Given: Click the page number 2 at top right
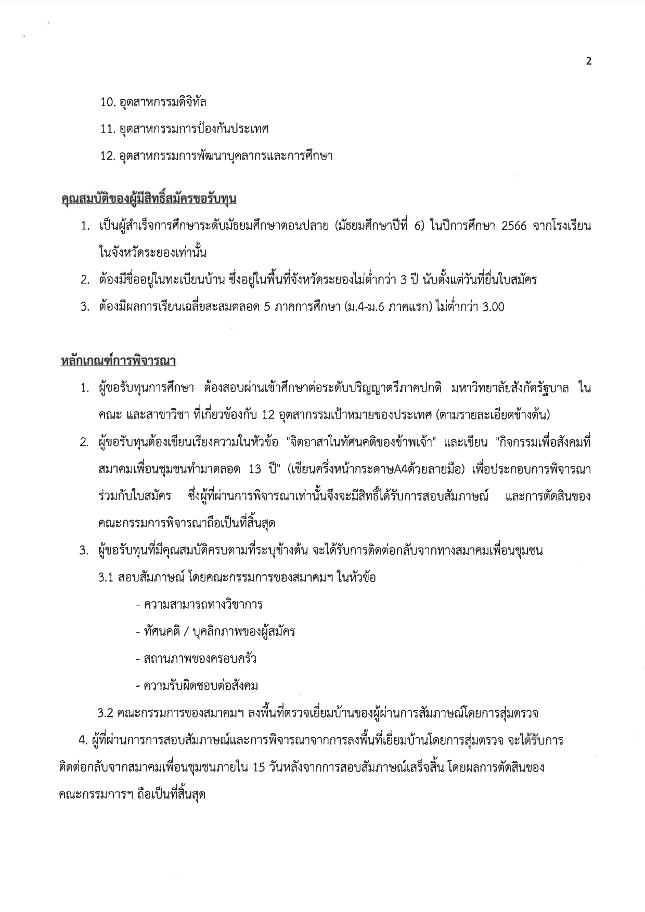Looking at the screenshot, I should point(589,61).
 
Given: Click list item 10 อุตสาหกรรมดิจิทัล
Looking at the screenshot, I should point(153,102).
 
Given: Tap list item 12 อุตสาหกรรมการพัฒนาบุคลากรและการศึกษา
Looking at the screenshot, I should point(216,155).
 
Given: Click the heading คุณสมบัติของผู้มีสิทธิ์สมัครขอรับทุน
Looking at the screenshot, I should point(149,199).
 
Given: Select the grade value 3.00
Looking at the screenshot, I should point(493,307).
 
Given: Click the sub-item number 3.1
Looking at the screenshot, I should point(106,578).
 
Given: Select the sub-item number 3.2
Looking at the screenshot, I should point(106,713).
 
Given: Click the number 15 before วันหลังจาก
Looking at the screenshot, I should point(259,767).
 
